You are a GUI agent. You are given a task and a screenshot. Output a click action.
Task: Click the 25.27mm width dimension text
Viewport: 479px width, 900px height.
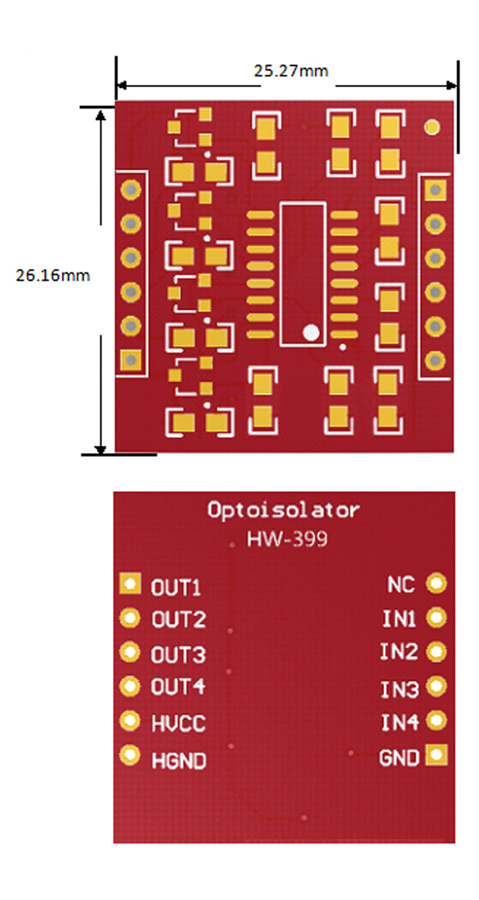(291, 71)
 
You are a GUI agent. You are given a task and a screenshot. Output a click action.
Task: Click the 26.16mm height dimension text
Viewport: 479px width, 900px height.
(53, 275)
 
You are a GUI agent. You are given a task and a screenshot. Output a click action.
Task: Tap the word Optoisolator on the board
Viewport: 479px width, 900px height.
(284, 510)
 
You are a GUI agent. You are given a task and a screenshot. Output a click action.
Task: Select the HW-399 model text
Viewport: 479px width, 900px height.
(287, 539)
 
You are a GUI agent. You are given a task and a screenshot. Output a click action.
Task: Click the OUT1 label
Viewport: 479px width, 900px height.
(176, 588)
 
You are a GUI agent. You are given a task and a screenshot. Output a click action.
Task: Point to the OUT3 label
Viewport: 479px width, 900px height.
(178, 655)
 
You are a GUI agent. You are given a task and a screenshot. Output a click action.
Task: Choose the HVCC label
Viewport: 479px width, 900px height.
(179, 724)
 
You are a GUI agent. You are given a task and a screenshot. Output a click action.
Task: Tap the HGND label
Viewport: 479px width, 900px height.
(179, 761)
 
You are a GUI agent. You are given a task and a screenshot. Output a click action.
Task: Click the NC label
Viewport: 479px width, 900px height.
(401, 585)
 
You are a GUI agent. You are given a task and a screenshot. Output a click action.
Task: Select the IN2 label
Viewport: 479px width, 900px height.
(399, 652)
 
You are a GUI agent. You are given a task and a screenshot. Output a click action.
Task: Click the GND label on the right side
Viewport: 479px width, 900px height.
(399, 758)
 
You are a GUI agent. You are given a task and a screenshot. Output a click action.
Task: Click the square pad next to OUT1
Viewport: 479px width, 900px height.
(130, 584)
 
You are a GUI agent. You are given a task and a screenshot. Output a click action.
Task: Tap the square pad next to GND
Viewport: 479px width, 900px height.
(436, 755)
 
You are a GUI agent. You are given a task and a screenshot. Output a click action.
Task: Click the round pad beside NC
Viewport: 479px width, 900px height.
(436, 584)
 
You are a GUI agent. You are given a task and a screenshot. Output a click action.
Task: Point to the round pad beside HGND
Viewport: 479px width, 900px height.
(130, 755)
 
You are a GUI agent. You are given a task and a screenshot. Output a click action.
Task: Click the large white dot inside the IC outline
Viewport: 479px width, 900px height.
(311, 333)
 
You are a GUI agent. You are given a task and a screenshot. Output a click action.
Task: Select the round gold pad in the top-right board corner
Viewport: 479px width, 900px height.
(432, 127)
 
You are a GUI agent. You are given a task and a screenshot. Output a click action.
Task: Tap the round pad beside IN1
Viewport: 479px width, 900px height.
(436, 618)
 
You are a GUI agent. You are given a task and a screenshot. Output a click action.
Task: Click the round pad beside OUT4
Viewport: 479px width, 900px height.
(130, 687)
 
